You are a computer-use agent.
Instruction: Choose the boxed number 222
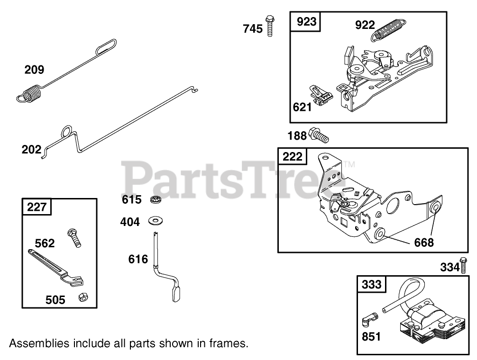pyautogui.click(x=292, y=156)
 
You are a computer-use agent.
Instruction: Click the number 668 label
pyautogui.click(x=423, y=242)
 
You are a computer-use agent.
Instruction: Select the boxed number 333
pyautogui.click(x=372, y=284)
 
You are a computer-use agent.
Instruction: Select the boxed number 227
pyautogui.click(x=37, y=207)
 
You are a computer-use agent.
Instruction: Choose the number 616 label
pyautogui.click(x=138, y=259)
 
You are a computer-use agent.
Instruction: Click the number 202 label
pyautogui.click(x=31, y=150)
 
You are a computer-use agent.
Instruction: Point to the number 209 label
pyautogui.click(x=35, y=70)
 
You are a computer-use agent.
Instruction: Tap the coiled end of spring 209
pyautogui.click(x=29, y=92)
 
